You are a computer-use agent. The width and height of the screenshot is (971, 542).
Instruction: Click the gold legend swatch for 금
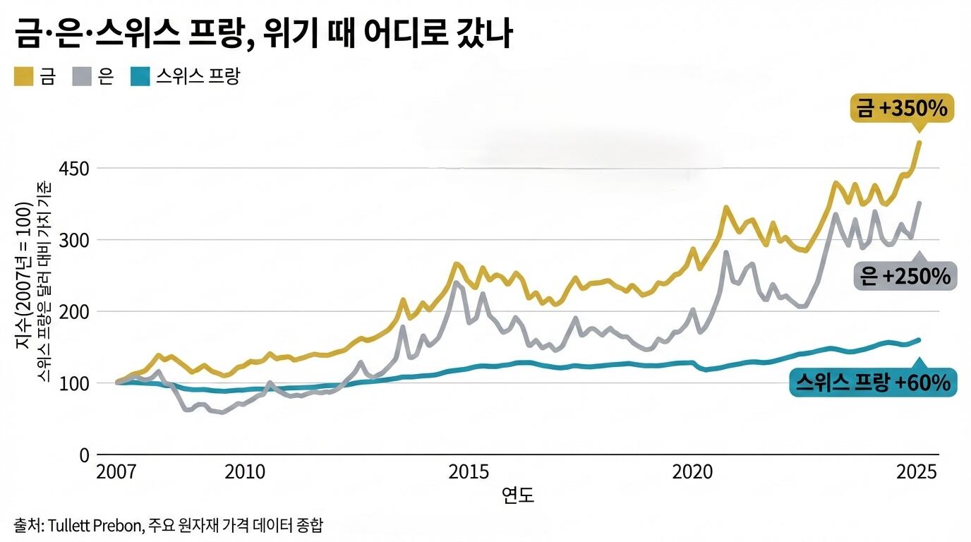(23, 76)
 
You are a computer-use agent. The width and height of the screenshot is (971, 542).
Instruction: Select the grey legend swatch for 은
(82, 76)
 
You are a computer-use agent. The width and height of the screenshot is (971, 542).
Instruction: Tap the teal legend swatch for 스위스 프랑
(140, 76)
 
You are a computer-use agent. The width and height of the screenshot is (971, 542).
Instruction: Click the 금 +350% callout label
(903, 109)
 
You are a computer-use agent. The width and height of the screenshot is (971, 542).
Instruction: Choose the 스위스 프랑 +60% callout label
(873, 383)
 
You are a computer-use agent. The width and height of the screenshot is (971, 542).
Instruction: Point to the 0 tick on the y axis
(84, 455)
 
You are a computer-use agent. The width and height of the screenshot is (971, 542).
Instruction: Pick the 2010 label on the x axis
(245, 472)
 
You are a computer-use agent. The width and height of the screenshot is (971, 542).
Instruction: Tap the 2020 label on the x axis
(692, 472)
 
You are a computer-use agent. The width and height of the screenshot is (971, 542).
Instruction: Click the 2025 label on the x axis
(916, 472)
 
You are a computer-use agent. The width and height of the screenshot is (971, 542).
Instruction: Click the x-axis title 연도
(518, 495)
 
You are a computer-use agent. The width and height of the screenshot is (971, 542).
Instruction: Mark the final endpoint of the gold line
(919, 143)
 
